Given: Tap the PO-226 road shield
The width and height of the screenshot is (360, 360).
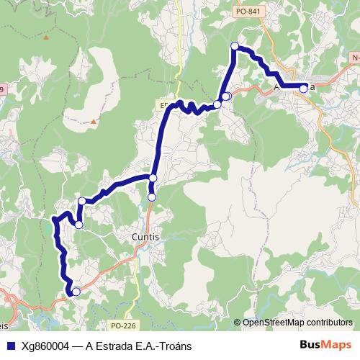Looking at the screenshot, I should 123,325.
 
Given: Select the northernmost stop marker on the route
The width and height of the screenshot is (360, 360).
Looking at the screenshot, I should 234,46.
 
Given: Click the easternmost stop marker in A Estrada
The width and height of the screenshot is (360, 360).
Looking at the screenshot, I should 304,88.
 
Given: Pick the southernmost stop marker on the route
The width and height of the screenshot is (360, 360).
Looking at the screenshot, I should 76,291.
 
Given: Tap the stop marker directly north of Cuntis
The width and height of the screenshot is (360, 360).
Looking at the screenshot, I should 152,197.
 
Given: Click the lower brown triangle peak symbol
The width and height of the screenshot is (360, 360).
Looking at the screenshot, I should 93,122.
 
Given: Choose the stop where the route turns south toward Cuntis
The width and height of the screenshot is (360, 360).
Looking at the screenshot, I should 153,178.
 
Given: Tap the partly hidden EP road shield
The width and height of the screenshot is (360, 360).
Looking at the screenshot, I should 163,104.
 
